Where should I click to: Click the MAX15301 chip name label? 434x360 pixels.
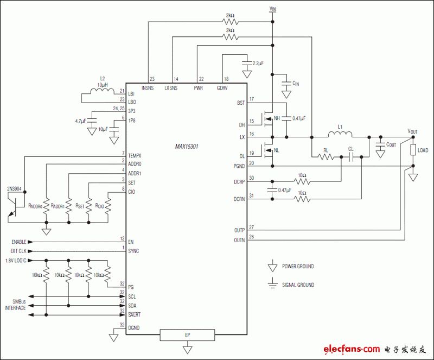[x=187, y=146]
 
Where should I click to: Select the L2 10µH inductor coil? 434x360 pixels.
[x=102, y=91]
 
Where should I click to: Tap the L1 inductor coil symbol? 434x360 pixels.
[x=340, y=134]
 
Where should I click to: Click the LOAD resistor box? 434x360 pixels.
[x=413, y=150]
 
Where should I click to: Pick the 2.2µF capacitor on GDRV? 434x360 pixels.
[x=246, y=63]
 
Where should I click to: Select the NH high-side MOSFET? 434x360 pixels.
[x=267, y=119]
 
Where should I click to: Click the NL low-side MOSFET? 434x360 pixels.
[x=267, y=150]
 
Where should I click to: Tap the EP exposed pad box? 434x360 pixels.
[x=187, y=335]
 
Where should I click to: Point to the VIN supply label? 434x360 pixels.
[x=273, y=9]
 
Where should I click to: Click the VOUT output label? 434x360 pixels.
[x=412, y=131]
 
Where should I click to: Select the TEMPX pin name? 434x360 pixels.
[x=135, y=156]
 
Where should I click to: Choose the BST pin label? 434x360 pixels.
[x=241, y=103]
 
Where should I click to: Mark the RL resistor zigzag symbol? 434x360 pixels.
[x=326, y=157]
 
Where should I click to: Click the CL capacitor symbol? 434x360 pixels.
[x=351, y=157]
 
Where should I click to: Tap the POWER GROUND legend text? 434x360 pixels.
[x=298, y=266]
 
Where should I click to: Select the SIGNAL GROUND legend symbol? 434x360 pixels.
[x=273, y=283]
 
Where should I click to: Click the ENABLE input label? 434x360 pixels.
[x=19, y=242]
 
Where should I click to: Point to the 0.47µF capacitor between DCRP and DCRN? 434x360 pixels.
[x=272, y=190]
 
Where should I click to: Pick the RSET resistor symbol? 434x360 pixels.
[x=88, y=206]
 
